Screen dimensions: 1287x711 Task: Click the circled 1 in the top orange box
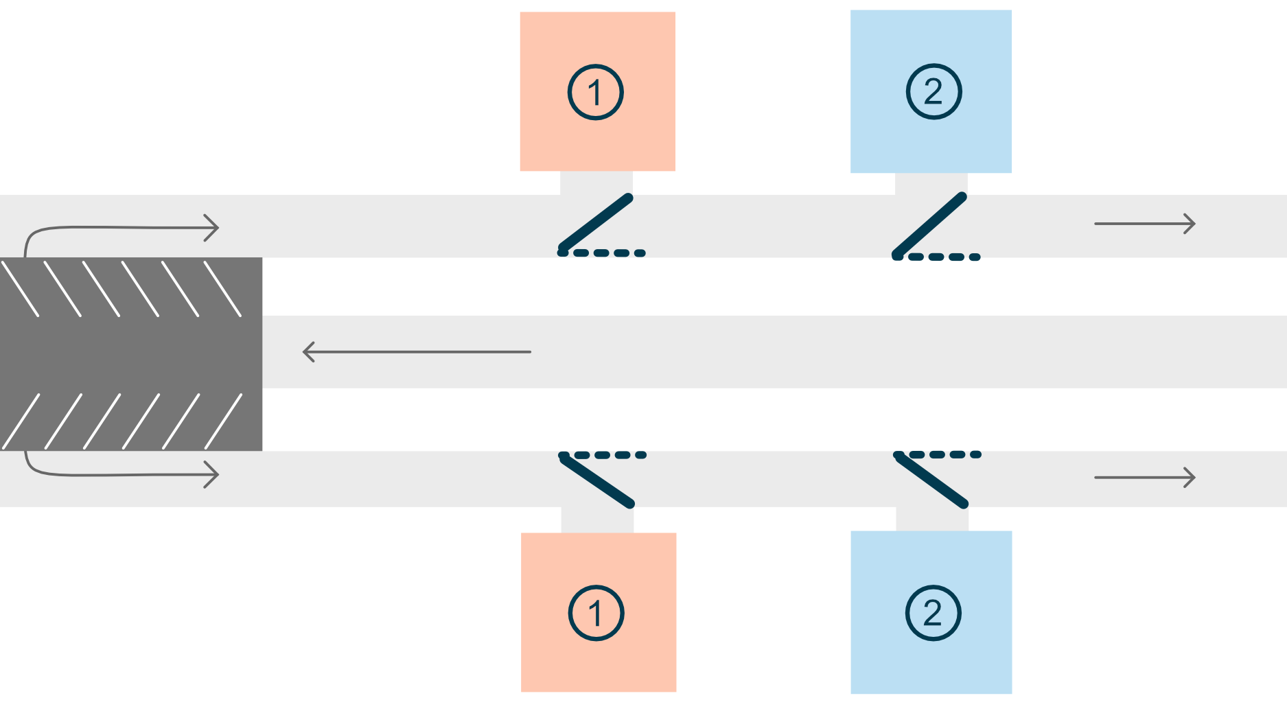coord(595,92)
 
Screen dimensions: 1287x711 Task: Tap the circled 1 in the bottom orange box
coord(596,613)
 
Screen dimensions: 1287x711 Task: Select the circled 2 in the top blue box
coord(934,91)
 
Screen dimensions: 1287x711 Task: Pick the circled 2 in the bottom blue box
coord(933,613)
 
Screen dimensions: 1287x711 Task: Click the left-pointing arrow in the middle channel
coord(417,352)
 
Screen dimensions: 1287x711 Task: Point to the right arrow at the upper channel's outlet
coord(1145,224)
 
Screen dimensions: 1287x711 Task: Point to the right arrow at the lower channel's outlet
coord(1145,477)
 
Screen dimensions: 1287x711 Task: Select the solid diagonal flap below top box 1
coord(595,224)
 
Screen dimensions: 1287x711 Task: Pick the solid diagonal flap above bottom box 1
coord(596,480)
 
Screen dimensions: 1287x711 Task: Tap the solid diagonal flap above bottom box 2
coord(931,480)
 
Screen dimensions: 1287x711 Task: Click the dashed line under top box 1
coord(602,253)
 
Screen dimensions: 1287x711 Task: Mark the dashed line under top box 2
coord(936,257)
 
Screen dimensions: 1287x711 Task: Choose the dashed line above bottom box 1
coord(603,455)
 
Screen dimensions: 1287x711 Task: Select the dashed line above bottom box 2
coord(938,454)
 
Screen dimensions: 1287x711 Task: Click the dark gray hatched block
coord(131,354)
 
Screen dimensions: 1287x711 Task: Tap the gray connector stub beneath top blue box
coord(931,183)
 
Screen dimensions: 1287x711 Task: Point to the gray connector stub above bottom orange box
coord(597,520)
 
